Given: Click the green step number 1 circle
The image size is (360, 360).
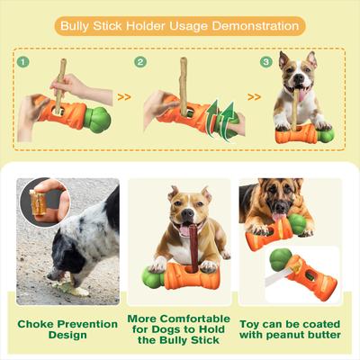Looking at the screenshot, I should [x=24, y=63].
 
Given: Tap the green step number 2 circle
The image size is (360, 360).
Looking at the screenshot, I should [x=140, y=63].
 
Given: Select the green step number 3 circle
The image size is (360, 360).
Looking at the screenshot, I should [x=265, y=63].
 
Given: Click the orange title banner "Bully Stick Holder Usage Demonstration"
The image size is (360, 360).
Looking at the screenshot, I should [x=179, y=25].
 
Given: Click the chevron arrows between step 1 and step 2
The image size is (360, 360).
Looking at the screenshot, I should [x=124, y=95].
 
